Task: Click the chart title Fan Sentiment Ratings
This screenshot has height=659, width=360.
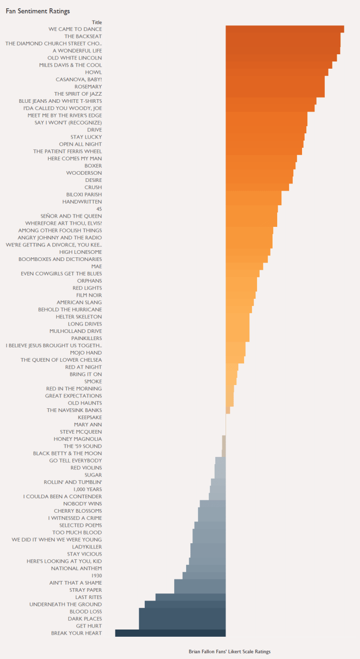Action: (x=38, y=11)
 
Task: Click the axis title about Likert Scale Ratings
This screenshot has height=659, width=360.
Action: (x=229, y=651)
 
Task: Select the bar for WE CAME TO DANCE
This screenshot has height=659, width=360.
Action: (x=284, y=29)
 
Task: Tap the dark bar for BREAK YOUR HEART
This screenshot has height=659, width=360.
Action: (x=170, y=633)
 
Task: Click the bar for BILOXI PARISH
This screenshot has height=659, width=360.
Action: (x=253, y=194)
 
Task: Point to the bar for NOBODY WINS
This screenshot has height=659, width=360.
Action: (x=213, y=503)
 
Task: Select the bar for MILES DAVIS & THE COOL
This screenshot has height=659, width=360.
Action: (x=279, y=65)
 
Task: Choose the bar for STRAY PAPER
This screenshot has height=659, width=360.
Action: (x=200, y=590)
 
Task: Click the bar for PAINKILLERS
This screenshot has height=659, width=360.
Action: (x=237, y=338)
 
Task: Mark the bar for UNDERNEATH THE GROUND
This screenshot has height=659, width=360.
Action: (x=185, y=604)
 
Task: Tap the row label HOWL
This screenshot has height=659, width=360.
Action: (x=94, y=72)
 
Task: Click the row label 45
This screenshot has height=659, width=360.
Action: (x=99, y=209)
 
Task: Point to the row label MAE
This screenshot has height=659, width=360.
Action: (x=96, y=266)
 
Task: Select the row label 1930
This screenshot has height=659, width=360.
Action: (x=96, y=575)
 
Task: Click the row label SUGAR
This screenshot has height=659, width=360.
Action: (x=93, y=474)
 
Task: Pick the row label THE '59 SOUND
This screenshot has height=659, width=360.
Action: (x=83, y=446)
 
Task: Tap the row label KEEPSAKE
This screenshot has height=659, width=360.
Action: (x=90, y=417)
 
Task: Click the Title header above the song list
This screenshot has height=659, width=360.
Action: (x=97, y=22)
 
